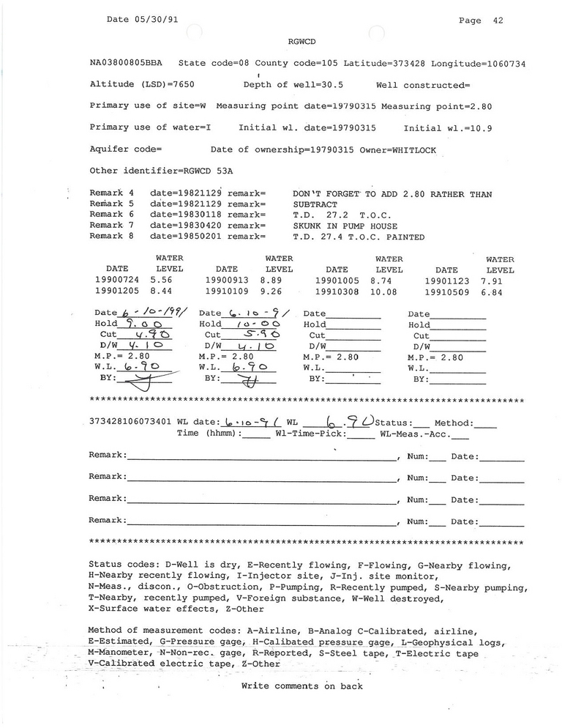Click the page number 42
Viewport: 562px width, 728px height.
pyautogui.click(x=497, y=21)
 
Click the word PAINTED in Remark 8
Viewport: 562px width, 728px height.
pyautogui.click(x=402, y=237)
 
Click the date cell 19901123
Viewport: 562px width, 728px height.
pyautogui.click(x=446, y=280)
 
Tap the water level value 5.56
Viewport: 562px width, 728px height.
pyautogui.click(x=162, y=280)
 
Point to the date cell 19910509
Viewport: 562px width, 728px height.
pyautogui.click(x=446, y=291)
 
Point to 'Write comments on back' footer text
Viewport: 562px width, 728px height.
pyautogui.click(x=301, y=686)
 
